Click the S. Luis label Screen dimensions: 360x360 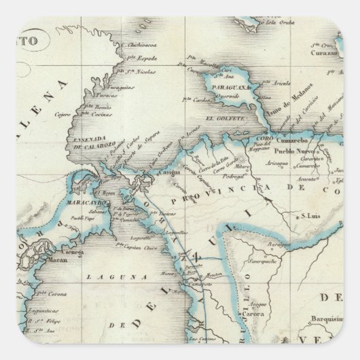click(310, 215)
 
